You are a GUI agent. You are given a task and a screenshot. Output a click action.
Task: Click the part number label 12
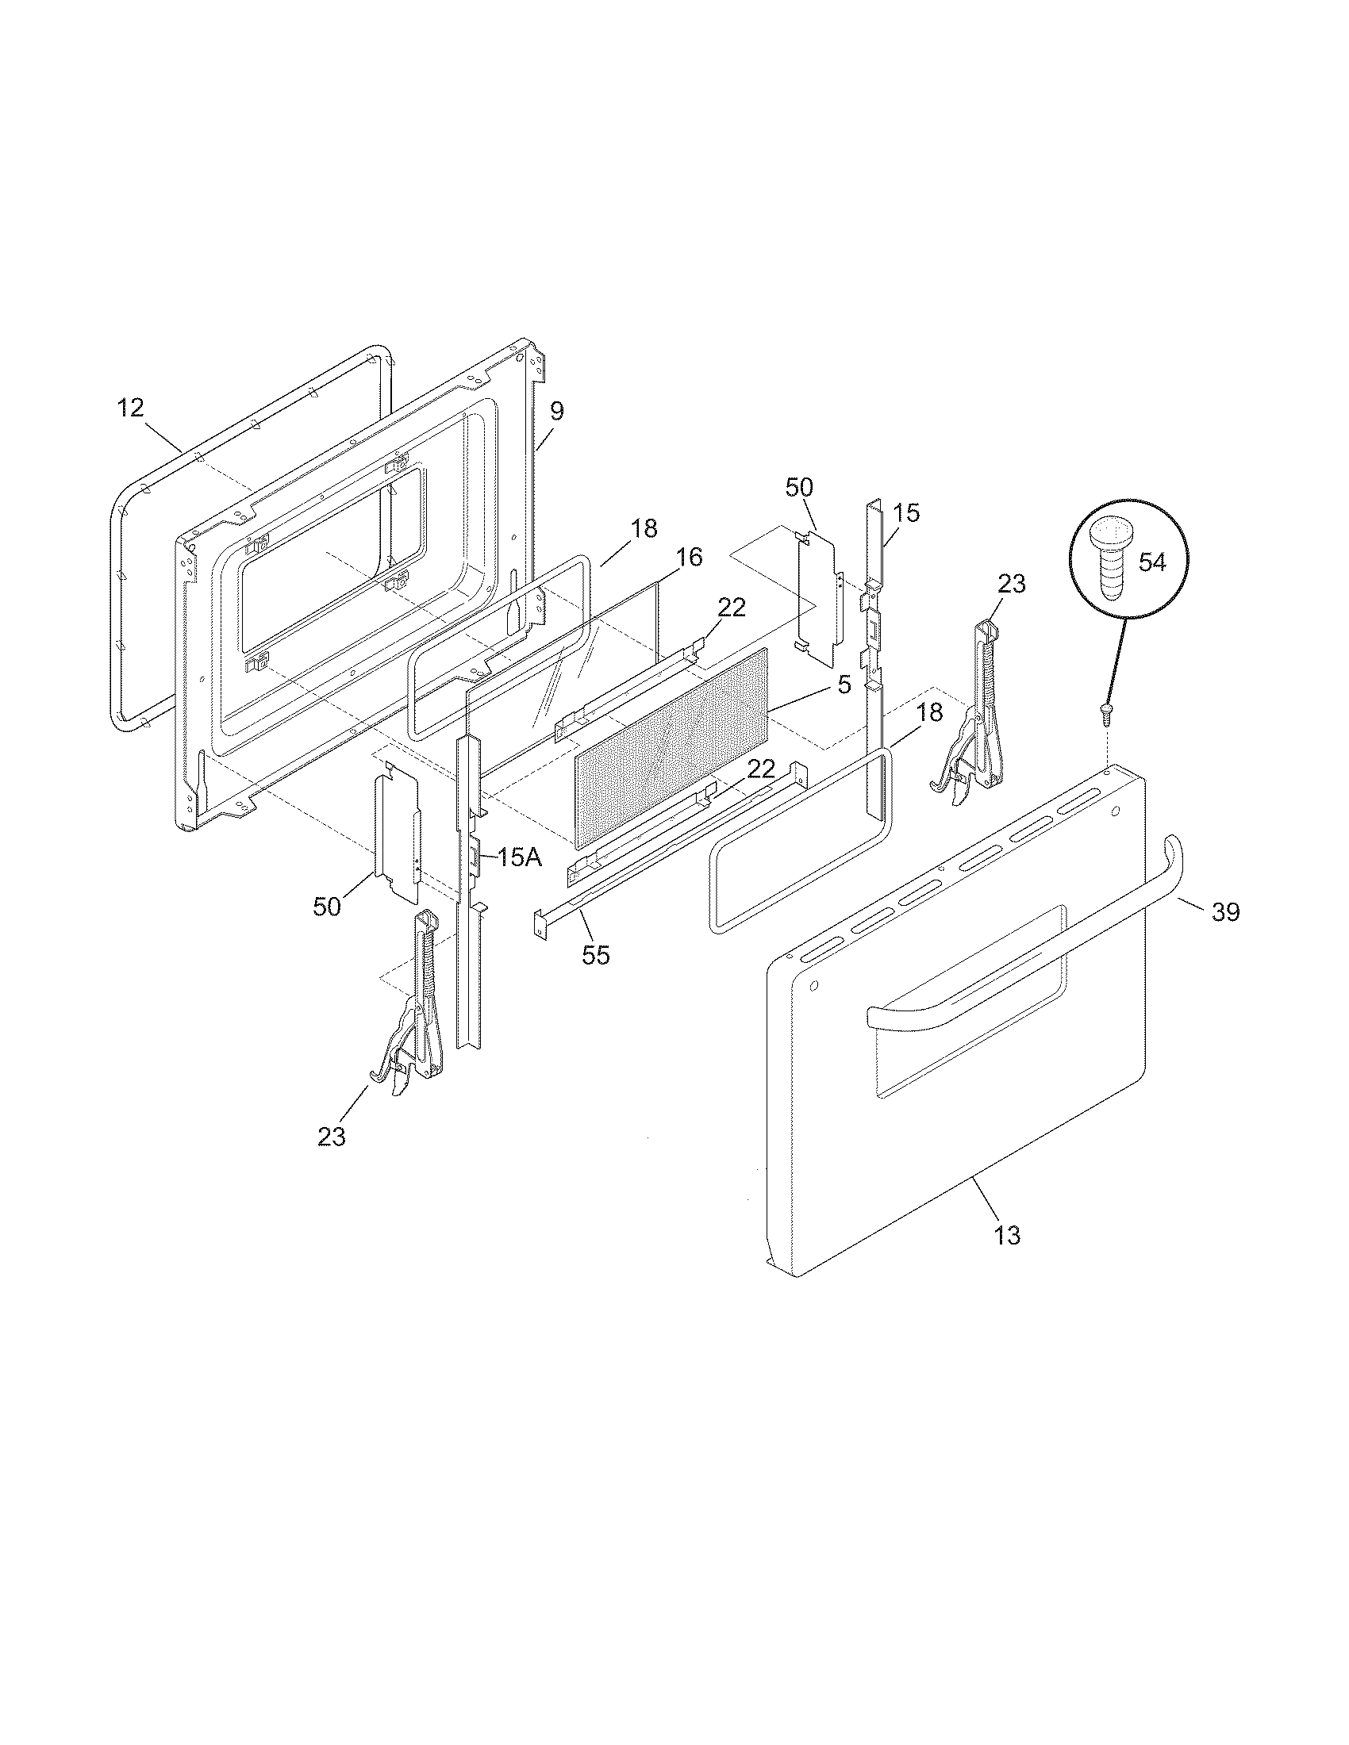tap(130, 408)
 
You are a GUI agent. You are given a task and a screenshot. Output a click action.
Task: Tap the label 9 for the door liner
tap(557, 412)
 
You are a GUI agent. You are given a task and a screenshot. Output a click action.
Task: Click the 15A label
tap(519, 859)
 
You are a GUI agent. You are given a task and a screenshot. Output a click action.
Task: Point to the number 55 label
tap(596, 955)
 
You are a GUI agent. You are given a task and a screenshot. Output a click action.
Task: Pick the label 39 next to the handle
tap(1226, 911)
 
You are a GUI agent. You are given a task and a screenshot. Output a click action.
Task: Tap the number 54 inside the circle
tap(1151, 562)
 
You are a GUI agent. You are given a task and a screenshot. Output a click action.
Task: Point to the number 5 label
tap(845, 685)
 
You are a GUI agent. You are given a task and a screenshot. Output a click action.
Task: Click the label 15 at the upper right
tap(906, 513)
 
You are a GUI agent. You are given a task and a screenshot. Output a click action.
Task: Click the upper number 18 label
tap(644, 528)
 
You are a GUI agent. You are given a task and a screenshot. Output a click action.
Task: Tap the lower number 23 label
tap(332, 1136)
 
